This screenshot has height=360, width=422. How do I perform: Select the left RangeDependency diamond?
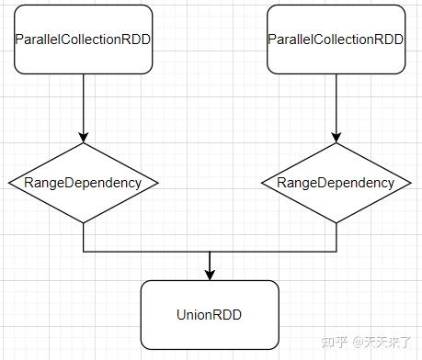click(x=84, y=183)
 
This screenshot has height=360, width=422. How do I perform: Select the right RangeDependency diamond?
click(x=336, y=183)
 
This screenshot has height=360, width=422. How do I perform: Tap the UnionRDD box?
click(x=210, y=315)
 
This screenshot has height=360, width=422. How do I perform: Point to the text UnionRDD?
click(x=210, y=315)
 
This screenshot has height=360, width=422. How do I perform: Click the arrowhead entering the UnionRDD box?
click(x=210, y=275)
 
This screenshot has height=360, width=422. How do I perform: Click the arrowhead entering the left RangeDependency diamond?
click(x=84, y=137)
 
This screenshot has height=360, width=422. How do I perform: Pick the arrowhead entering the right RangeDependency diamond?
click(x=336, y=138)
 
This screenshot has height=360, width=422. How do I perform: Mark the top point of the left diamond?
click(x=84, y=143)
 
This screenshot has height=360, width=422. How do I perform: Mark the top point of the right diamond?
click(x=336, y=144)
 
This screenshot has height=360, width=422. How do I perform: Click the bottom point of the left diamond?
click(x=84, y=222)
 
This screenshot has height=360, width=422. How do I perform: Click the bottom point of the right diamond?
click(x=336, y=222)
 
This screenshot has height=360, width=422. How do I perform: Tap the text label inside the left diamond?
click(x=84, y=183)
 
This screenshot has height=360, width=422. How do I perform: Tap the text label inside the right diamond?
click(x=336, y=183)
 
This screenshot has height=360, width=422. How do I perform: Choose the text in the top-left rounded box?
click(x=84, y=39)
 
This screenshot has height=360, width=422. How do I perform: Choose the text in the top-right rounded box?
click(x=336, y=39)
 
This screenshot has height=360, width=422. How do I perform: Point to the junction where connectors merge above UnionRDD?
click(x=210, y=251)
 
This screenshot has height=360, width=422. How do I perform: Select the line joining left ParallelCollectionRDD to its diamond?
click(x=84, y=106)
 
